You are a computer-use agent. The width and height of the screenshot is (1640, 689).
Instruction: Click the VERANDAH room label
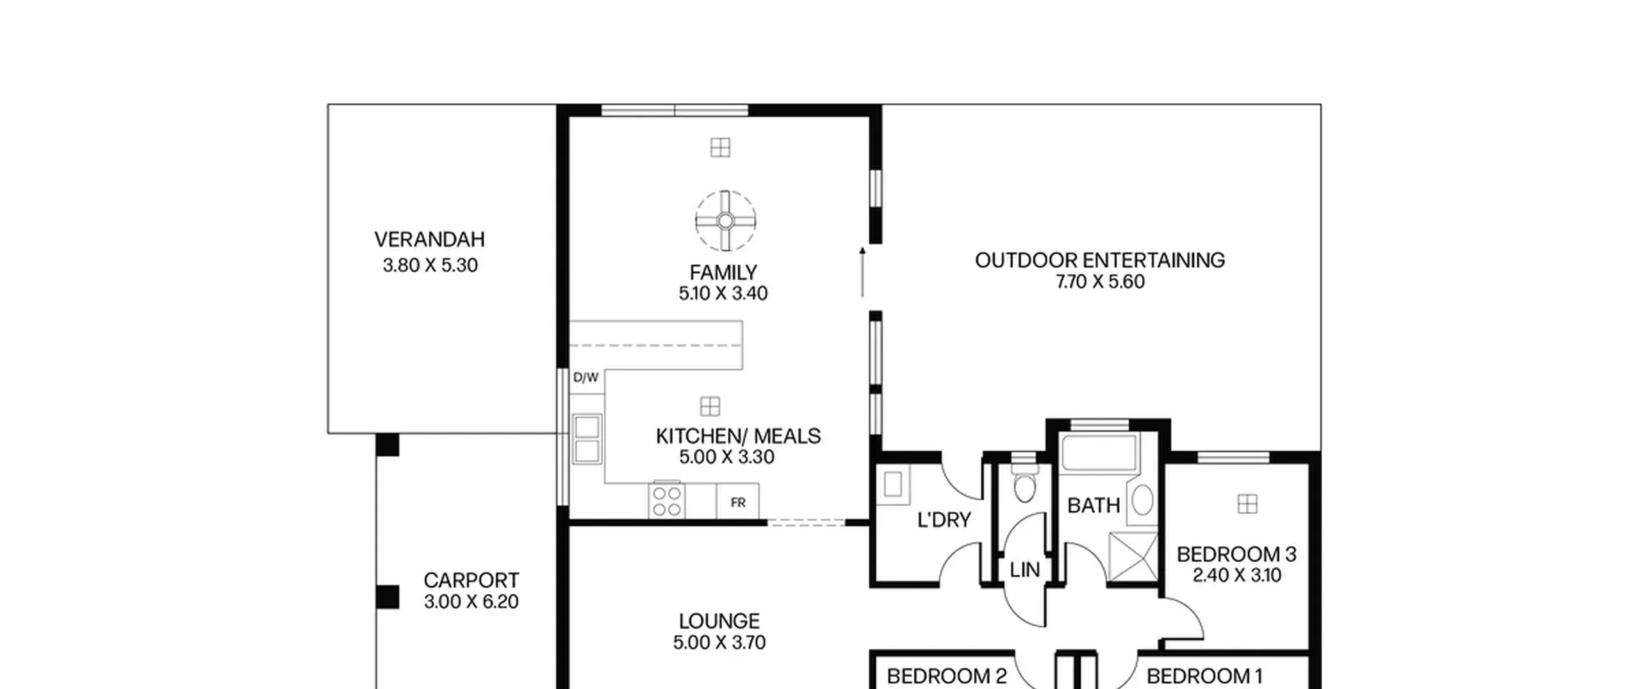coord(430,240)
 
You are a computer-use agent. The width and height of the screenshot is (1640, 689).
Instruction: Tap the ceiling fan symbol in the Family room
coord(725,221)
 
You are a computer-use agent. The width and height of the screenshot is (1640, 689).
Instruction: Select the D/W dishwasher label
coord(586,378)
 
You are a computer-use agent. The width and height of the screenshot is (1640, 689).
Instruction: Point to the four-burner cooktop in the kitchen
coord(667,501)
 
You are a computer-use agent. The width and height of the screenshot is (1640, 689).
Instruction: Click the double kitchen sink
coord(587,438)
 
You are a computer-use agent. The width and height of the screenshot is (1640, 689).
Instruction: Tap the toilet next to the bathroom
coord(1025,484)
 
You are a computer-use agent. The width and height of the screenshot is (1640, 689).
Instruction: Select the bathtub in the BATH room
coord(1099,452)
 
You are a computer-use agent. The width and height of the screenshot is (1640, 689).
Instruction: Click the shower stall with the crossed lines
coord(1133,558)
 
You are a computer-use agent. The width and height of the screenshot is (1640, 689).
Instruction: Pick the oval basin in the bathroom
coord(1143,500)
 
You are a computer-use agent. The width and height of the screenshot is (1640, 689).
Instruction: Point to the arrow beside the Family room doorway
coord(862,272)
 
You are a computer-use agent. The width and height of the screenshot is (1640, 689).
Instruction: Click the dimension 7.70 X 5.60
coord(1100,282)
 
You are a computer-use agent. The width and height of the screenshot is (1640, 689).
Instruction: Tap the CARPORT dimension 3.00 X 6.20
coord(471,602)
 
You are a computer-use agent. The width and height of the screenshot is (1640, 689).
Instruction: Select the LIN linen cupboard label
coord(1024,570)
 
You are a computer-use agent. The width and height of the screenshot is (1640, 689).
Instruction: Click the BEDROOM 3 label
coord(1236,554)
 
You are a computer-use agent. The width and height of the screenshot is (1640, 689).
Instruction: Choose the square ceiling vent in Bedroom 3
coord(1247,504)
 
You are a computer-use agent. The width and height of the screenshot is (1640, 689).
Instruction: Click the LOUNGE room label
coord(719,621)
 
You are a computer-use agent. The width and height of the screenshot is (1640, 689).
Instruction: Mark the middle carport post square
coord(387,597)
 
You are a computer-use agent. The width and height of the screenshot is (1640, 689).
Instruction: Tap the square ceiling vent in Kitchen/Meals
coord(710,406)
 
